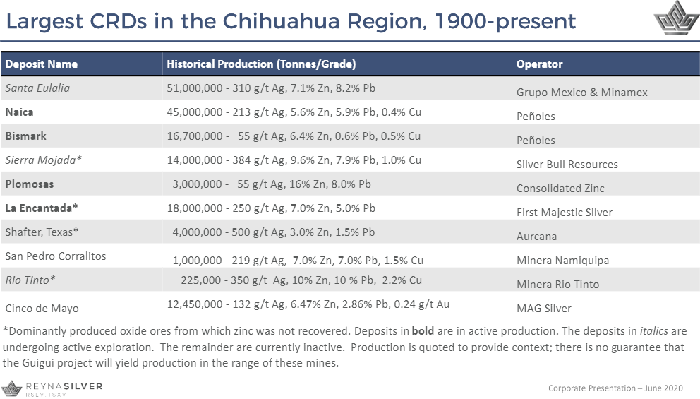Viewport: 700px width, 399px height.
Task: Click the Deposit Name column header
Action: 42,64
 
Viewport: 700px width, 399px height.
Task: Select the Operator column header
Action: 539,64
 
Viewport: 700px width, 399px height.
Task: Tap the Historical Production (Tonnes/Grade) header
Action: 261,64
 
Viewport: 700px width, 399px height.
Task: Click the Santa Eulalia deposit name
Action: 37,88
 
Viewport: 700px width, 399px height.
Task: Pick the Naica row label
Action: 19,112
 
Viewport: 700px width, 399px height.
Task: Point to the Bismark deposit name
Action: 26,136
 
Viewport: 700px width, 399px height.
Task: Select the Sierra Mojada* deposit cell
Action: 44,160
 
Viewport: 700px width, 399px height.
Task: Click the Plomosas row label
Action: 30,184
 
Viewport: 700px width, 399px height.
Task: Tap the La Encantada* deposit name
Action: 42,208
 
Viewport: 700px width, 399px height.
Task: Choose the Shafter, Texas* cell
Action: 42,232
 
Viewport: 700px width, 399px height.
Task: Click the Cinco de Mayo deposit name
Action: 42,309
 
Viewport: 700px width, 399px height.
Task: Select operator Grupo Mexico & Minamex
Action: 581,93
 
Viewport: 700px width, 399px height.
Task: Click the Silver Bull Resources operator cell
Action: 567,165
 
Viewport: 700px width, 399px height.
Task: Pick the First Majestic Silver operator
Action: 564,213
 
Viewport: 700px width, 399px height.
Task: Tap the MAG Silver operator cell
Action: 543,309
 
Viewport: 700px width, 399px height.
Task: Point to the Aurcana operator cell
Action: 536,237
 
